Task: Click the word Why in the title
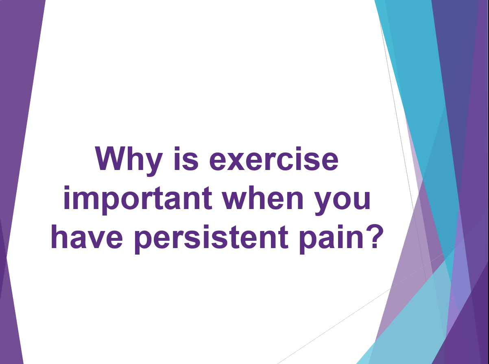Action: [x=129, y=161]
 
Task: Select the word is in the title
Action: [x=186, y=159]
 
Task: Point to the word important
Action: [x=138, y=201]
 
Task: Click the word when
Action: [x=262, y=198]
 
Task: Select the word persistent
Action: [x=212, y=240]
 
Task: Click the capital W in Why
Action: [x=115, y=159]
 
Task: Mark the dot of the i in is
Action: [x=177, y=149]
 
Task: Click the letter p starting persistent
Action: [x=145, y=242]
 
